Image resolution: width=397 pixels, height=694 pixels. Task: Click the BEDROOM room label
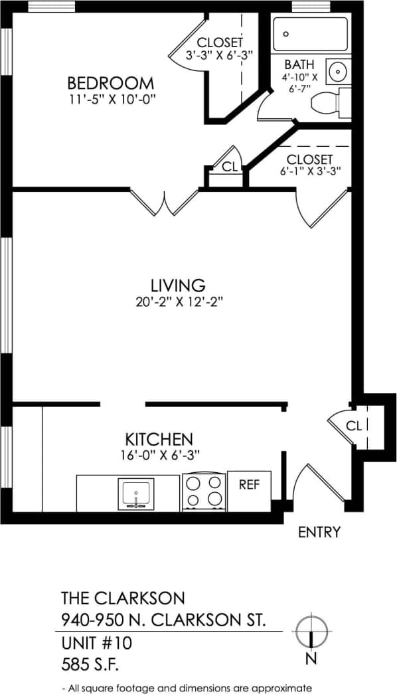click(x=111, y=84)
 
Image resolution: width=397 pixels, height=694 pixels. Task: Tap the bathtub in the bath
click(x=311, y=33)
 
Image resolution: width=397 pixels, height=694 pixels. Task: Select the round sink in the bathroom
click(x=339, y=70)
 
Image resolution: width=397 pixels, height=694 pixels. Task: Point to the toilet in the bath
click(x=329, y=103)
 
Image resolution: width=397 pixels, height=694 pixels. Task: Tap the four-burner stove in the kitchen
click(x=204, y=491)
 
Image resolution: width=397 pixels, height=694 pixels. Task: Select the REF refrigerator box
click(x=249, y=485)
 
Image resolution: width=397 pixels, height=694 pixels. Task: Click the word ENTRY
click(x=319, y=532)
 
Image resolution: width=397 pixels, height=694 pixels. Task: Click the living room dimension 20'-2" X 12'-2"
click(x=177, y=302)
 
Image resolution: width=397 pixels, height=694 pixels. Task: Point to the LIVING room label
click(x=177, y=286)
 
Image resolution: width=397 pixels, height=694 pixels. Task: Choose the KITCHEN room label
click(x=159, y=439)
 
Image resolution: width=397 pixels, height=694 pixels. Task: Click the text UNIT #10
click(x=97, y=643)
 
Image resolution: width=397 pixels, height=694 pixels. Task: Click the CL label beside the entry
click(x=354, y=426)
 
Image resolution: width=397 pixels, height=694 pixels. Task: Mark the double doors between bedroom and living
click(x=164, y=203)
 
